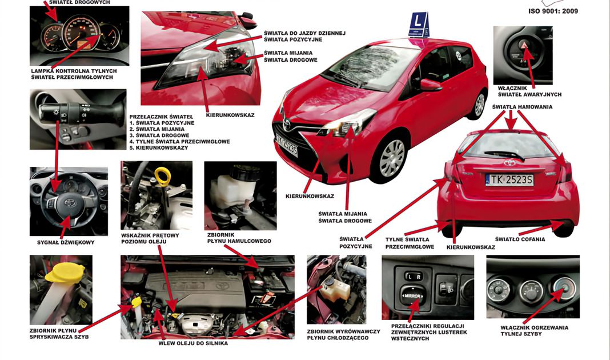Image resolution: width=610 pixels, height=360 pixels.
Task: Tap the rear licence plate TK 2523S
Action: point(509,179)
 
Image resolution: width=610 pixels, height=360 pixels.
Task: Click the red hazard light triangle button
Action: point(524,46)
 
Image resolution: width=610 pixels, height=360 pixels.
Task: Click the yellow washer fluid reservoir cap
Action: point(65,271)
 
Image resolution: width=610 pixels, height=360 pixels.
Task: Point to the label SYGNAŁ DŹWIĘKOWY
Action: point(66,242)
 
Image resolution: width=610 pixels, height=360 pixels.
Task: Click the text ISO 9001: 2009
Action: point(553,11)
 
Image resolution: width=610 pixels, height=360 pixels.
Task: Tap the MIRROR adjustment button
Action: point(412,297)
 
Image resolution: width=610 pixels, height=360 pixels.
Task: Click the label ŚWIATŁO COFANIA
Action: point(520,239)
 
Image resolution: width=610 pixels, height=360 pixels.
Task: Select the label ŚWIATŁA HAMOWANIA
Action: point(522,107)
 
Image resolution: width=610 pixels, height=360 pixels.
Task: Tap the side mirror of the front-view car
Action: point(430,85)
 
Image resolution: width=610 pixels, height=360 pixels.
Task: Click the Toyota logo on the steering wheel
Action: point(69,202)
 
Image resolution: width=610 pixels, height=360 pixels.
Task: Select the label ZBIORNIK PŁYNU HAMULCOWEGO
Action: point(239,238)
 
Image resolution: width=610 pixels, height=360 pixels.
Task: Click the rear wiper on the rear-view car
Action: point(504,155)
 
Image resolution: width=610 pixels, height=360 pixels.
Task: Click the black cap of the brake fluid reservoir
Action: point(244,172)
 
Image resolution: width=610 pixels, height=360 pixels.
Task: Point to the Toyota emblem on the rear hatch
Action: point(509,163)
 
